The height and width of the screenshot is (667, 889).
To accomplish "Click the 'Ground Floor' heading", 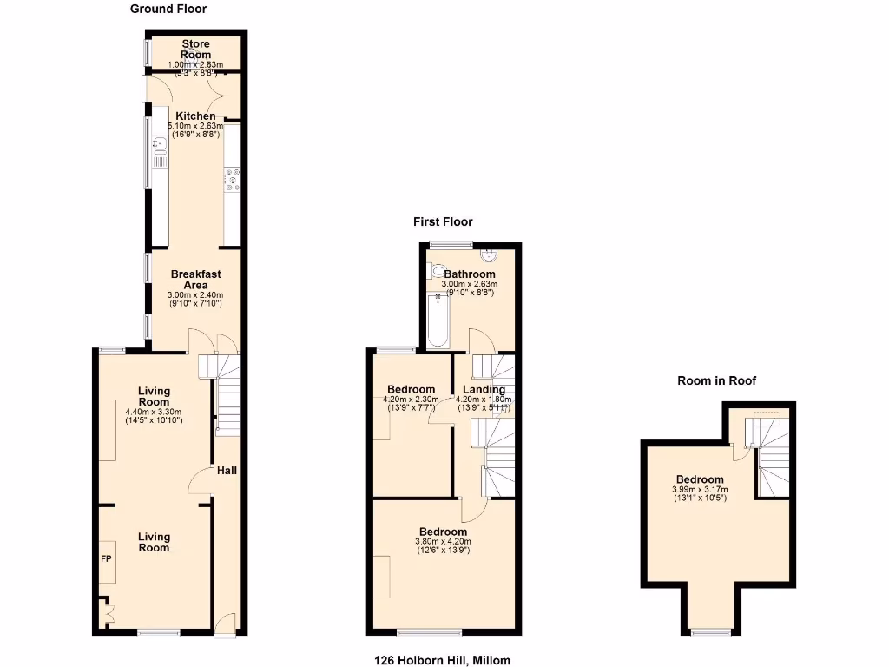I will click(x=168, y=9).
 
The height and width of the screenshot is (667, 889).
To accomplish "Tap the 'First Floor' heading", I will click(x=443, y=222).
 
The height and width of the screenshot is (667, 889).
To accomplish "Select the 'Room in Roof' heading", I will click(x=717, y=380).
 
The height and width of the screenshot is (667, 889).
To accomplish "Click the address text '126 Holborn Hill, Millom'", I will click(x=444, y=660).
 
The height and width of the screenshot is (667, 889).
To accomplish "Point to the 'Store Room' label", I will click(x=195, y=50).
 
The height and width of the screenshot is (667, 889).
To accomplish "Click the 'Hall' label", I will click(x=227, y=471).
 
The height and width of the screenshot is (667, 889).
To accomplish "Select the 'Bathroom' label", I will click(x=469, y=274).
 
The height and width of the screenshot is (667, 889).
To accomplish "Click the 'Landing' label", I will click(x=484, y=390).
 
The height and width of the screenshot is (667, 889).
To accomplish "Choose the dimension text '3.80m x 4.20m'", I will click(x=443, y=543).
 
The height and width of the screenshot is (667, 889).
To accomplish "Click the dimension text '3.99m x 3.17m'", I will click(x=700, y=490).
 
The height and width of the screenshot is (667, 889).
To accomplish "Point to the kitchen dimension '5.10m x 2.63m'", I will click(x=195, y=127).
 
